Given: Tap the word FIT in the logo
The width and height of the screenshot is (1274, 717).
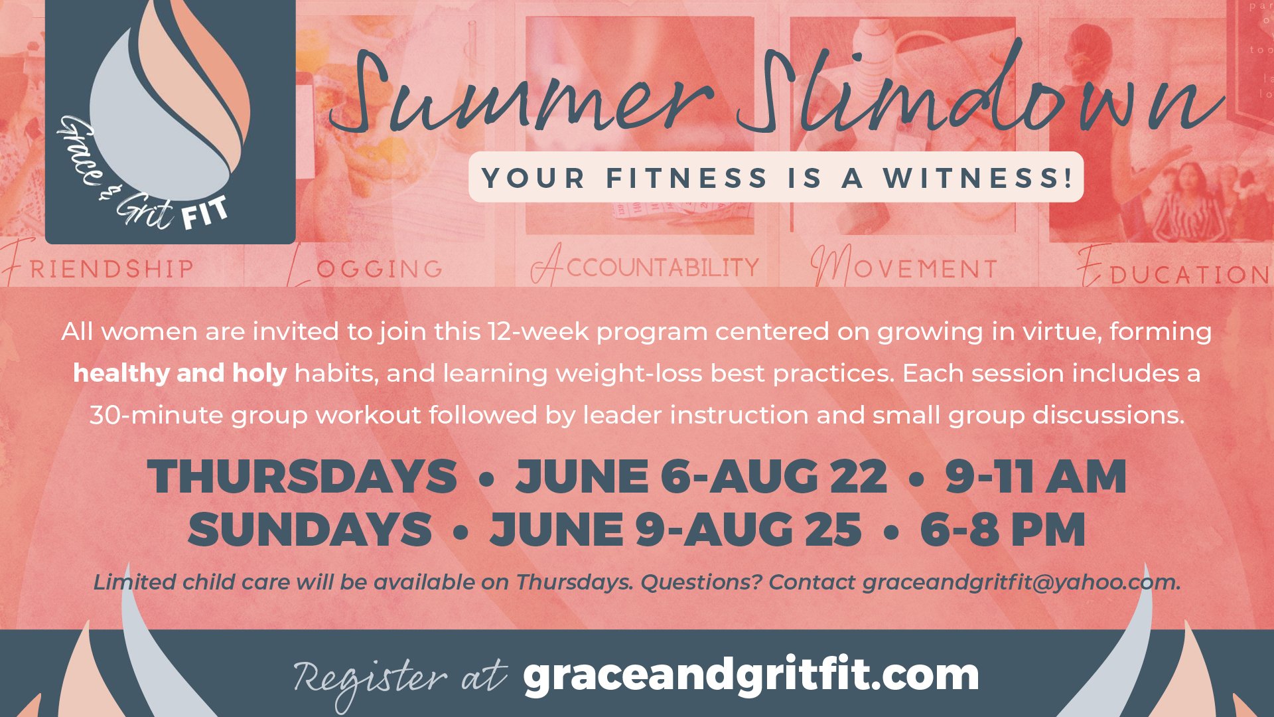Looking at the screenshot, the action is (205, 213).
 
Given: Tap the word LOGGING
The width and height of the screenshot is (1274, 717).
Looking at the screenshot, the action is (365, 267).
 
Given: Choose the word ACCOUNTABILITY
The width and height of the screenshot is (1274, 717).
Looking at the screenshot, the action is (645, 266).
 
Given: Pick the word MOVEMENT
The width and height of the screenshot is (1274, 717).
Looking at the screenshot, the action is (904, 267).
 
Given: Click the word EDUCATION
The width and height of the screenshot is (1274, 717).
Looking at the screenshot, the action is (1173, 270).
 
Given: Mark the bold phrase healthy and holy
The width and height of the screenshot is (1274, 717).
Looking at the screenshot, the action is (180, 373).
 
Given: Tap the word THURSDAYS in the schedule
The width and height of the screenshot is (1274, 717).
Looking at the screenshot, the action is (302, 477).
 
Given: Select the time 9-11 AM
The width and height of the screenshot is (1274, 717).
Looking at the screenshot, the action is (1036, 477).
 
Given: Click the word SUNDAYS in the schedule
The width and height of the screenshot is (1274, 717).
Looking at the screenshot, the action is (310, 530).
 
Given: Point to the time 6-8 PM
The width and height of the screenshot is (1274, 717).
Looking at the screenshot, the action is (1003, 530).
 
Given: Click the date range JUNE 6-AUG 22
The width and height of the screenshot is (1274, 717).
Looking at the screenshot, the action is (701, 477).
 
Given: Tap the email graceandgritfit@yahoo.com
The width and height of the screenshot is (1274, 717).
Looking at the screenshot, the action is (1021, 582).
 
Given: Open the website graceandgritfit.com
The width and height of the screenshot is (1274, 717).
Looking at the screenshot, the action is (750, 676).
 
